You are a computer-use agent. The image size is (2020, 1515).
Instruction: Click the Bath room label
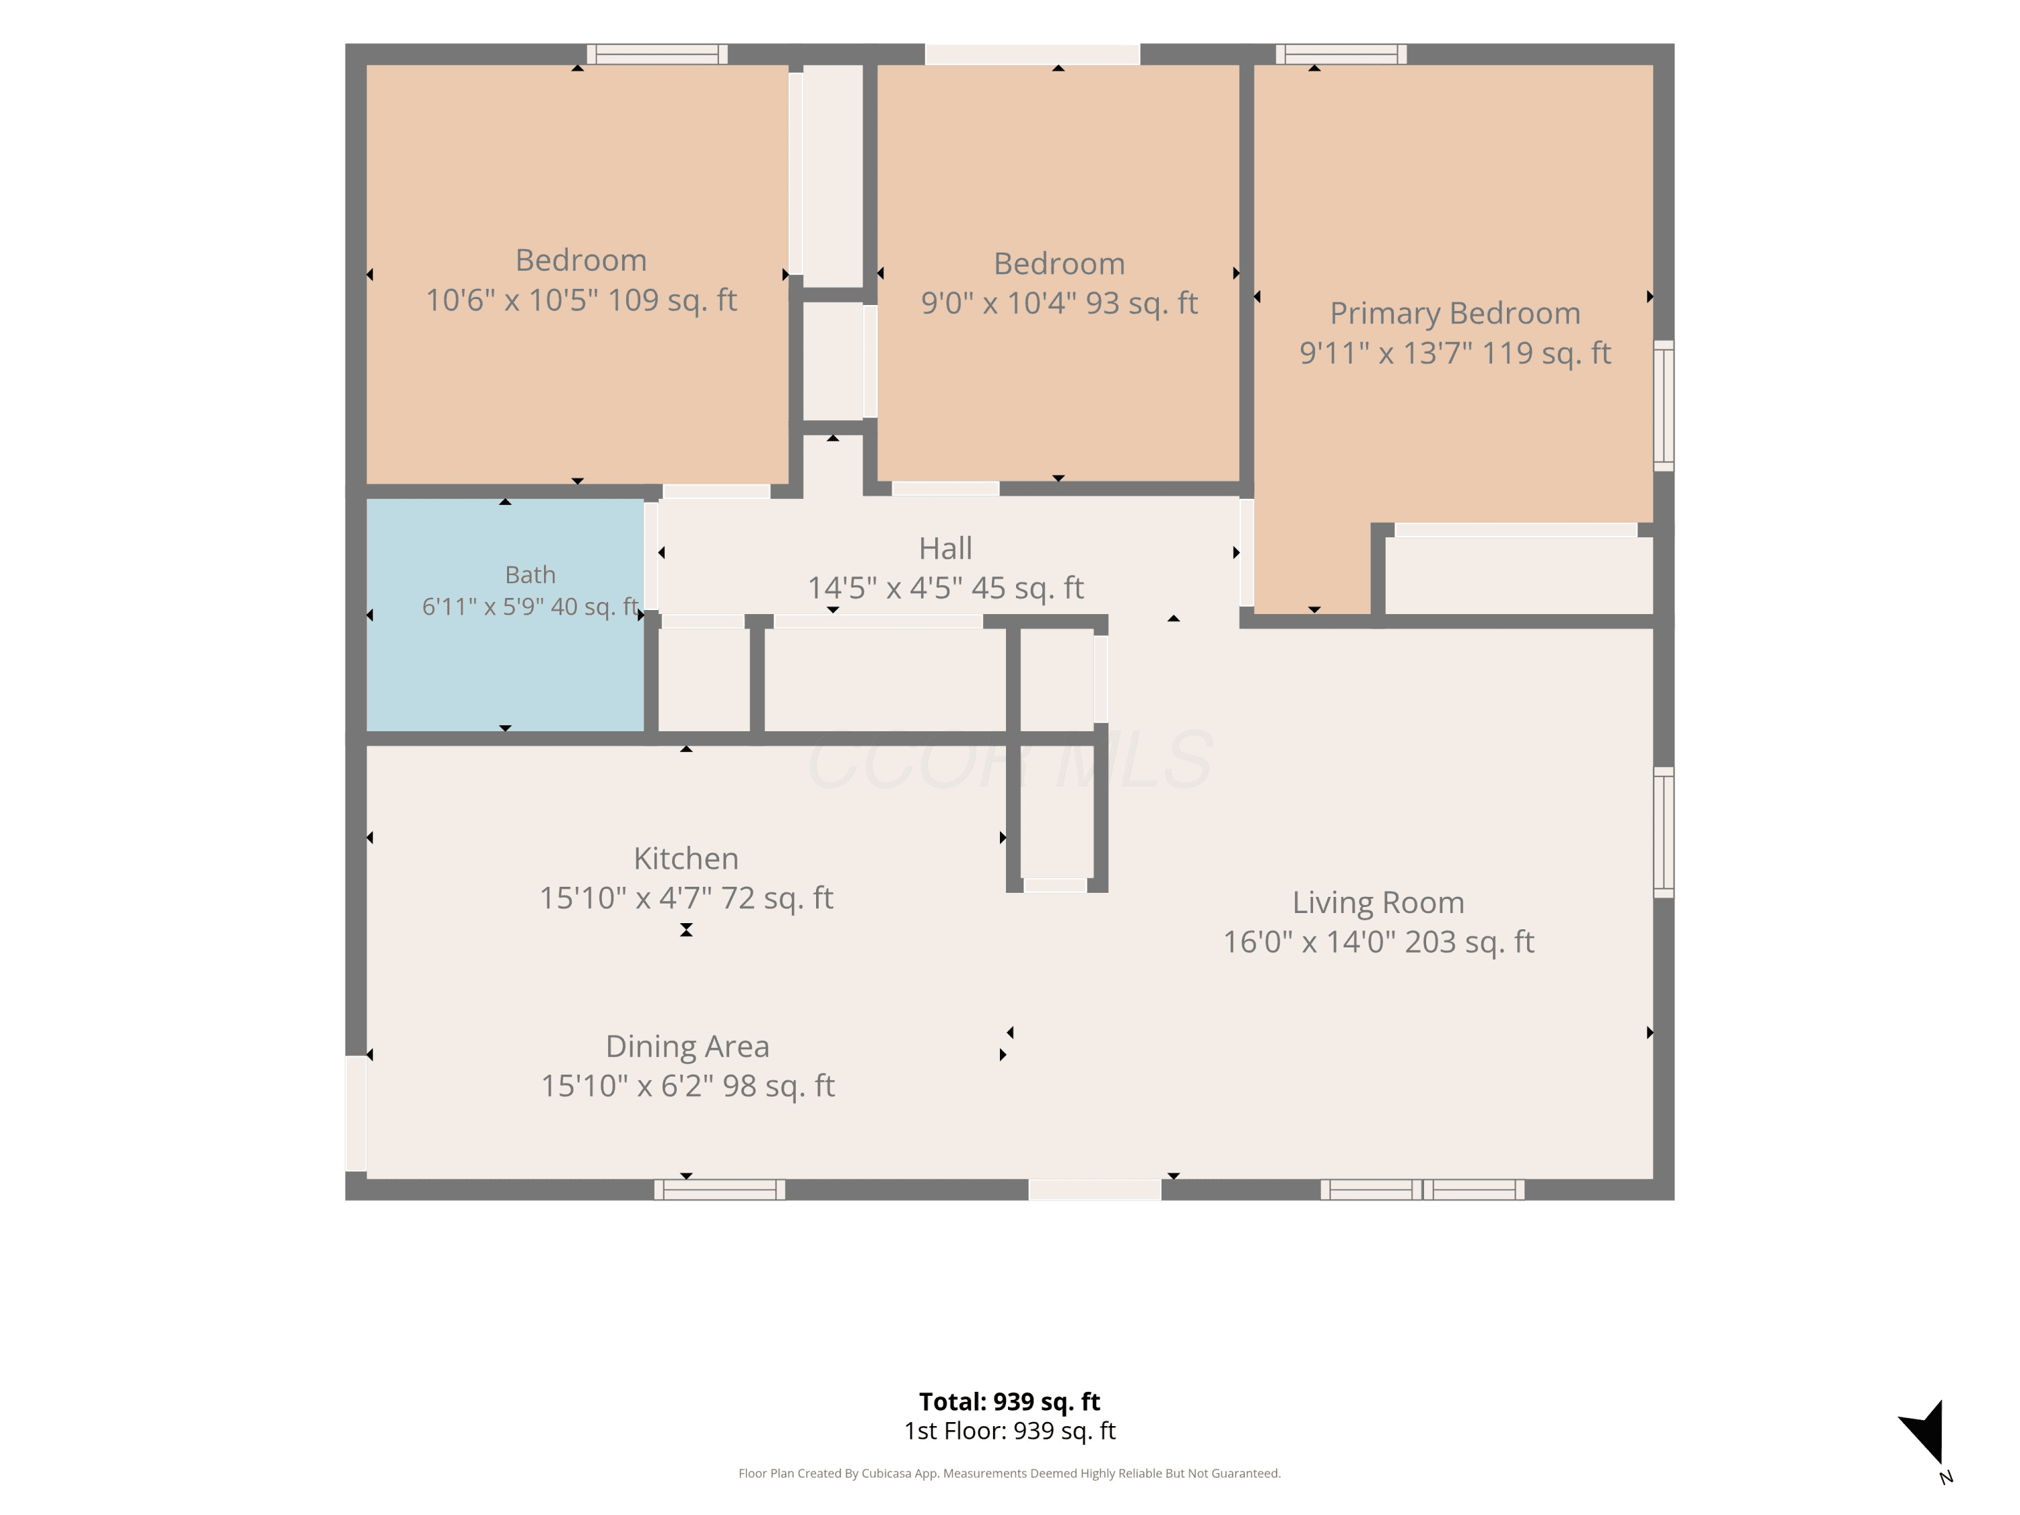pyautogui.click(x=530, y=574)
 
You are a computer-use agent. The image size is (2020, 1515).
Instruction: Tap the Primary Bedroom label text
pyautogui.click(x=1454, y=313)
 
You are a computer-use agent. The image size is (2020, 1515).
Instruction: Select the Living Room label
pyautogui.click(x=1378, y=902)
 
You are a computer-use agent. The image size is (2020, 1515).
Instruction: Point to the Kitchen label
pyautogui.click(x=686, y=858)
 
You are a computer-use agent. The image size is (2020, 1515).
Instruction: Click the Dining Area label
pyautogui.click(x=687, y=1046)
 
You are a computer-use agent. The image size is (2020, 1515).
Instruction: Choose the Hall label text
pyautogui.click(x=945, y=548)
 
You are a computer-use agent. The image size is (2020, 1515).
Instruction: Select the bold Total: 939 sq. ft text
pyautogui.click(x=1009, y=1401)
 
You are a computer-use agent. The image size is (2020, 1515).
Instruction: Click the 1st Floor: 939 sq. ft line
pyautogui.click(x=1009, y=1430)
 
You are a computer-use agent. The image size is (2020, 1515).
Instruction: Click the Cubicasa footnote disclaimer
pyautogui.click(x=1009, y=1473)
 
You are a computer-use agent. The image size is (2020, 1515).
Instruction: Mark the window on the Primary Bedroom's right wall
pyautogui.click(x=1664, y=405)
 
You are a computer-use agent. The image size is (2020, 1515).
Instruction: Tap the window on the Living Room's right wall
pyautogui.click(x=1664, y=832)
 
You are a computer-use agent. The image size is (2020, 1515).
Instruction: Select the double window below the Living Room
pyautogui.click(x=1422, y=1189)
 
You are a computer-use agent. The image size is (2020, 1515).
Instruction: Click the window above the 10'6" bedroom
pyautogui.click(x=656, y=54)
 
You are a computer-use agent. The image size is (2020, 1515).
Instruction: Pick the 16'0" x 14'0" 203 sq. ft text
pyautogui.click(x=1378, y=941)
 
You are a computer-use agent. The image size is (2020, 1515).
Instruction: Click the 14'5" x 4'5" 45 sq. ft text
pyautogui.click(x=945, y=587)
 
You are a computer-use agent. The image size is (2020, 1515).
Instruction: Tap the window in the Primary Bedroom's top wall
pyautogui.click(x=1341, y=54)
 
